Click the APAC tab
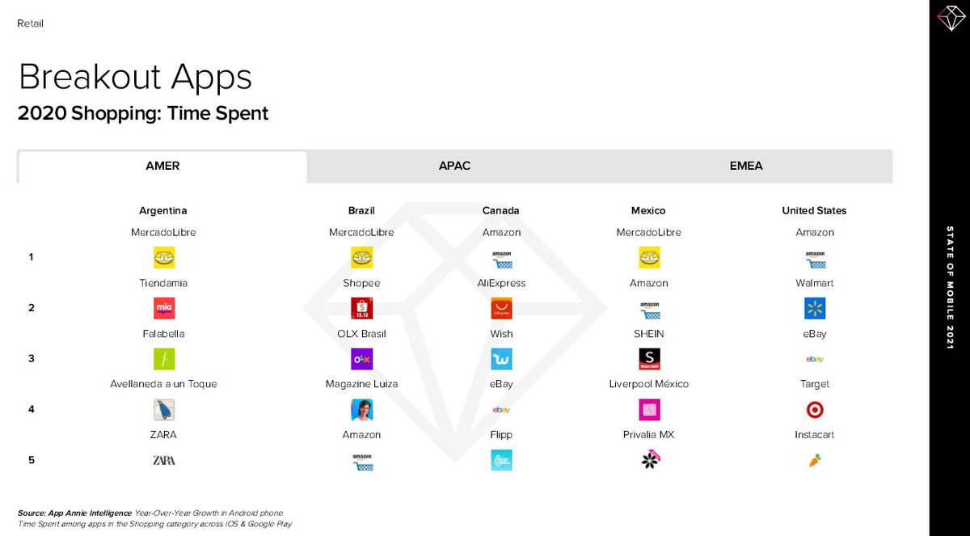click(454, 166)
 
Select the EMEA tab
click(746, 166)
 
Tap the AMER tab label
click(162, 166)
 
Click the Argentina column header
click(162, 210)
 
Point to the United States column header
click(814, 210)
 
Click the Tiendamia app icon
click(164, 308)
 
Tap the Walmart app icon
click(815, 308)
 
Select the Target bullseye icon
click(815, 410)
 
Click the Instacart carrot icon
click(815, 461)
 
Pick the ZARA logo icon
click(164, 460)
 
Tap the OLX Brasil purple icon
click(361, 359)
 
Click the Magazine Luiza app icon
click(361, 410)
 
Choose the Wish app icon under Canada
click(501, 359)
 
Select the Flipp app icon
click(501, 460)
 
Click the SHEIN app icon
click(649, 359)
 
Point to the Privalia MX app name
click(648, 435)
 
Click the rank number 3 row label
click(32, 358)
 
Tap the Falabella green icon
click(164, 359)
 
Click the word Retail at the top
click(31, 23)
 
